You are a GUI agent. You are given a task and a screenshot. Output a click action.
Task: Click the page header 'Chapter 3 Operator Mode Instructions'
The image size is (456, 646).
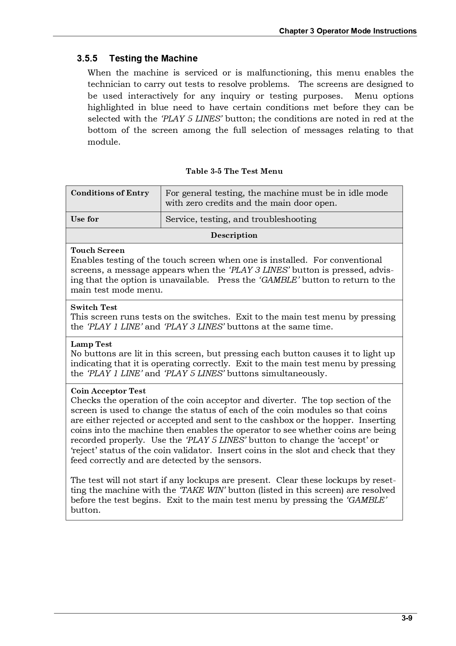coord(348,31)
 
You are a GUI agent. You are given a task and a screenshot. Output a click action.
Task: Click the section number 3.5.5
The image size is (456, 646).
coord(87,59)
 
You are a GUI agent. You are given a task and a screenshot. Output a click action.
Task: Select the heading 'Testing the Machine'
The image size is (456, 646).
coord(153,59)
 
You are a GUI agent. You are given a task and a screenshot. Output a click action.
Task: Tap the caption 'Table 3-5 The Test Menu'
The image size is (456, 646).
coord(234,171)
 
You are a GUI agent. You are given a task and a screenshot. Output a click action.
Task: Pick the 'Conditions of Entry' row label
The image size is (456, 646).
coord(110,193)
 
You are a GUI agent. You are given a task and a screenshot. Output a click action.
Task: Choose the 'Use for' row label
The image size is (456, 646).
coord(85,219)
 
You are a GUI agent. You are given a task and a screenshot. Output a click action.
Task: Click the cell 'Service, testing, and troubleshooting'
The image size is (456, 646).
coord(241,219)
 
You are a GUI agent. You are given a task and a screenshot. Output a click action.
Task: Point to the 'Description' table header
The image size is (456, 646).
coord(234,236)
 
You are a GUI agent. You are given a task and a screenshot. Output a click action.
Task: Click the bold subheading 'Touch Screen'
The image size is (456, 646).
coord(97,251)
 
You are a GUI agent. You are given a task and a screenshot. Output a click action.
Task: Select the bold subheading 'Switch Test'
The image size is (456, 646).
coord(94,307)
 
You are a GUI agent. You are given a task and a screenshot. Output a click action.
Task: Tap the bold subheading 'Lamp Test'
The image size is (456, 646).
coord(91,344)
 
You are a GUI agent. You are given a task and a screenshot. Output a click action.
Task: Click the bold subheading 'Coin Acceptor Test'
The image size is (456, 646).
coord(108,391)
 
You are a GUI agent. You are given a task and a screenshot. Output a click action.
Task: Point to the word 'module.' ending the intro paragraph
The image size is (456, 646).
coord(104,142)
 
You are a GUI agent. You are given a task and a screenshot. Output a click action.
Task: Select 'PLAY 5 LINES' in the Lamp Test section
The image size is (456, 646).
coord(194,374)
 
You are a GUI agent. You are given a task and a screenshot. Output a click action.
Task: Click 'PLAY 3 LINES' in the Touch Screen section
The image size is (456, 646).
coord(259,270)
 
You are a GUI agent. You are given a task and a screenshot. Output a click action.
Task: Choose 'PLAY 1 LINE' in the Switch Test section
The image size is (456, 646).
coord(114,327)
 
